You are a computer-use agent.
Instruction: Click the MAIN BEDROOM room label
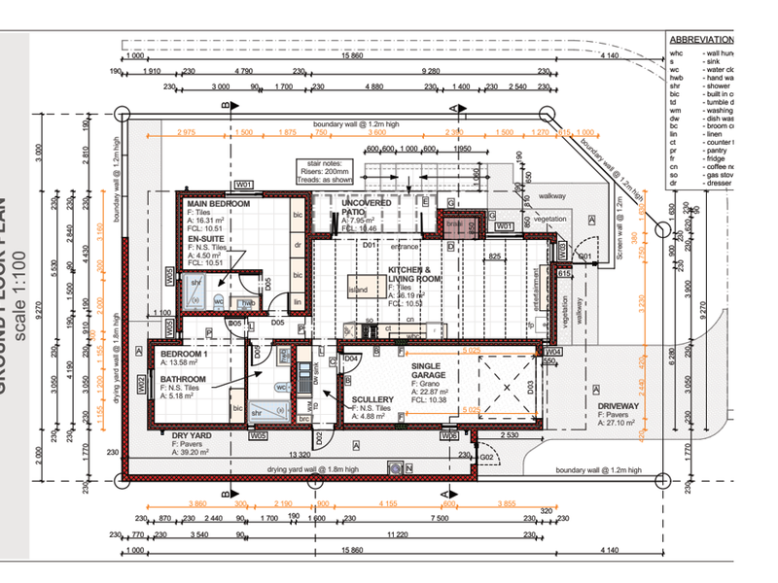(x=219, y=205)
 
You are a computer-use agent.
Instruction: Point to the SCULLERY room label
(x=373, y=399)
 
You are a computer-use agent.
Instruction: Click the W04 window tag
(x=553, y=351)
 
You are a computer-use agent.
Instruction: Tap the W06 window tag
(x=449, y=436)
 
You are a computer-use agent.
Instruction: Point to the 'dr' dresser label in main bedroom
(x=298, y=247)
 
